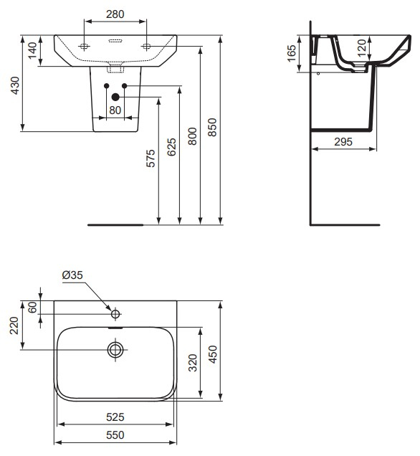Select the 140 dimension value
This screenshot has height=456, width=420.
(32, 50)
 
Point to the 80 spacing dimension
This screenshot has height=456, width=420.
(115, 110)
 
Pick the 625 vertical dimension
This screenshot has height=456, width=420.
(171, 147)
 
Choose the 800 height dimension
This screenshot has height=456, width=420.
(192, 136)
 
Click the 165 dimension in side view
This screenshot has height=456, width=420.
(292, 54)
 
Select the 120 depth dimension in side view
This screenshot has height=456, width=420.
(361, 48)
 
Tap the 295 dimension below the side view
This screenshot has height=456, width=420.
(344, 142)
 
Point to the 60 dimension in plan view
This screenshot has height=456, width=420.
(32, 307)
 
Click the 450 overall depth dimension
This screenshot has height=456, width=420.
(212, 353)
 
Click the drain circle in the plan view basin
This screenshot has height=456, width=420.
(115, 350)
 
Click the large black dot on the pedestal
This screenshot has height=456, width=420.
(115, 98)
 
